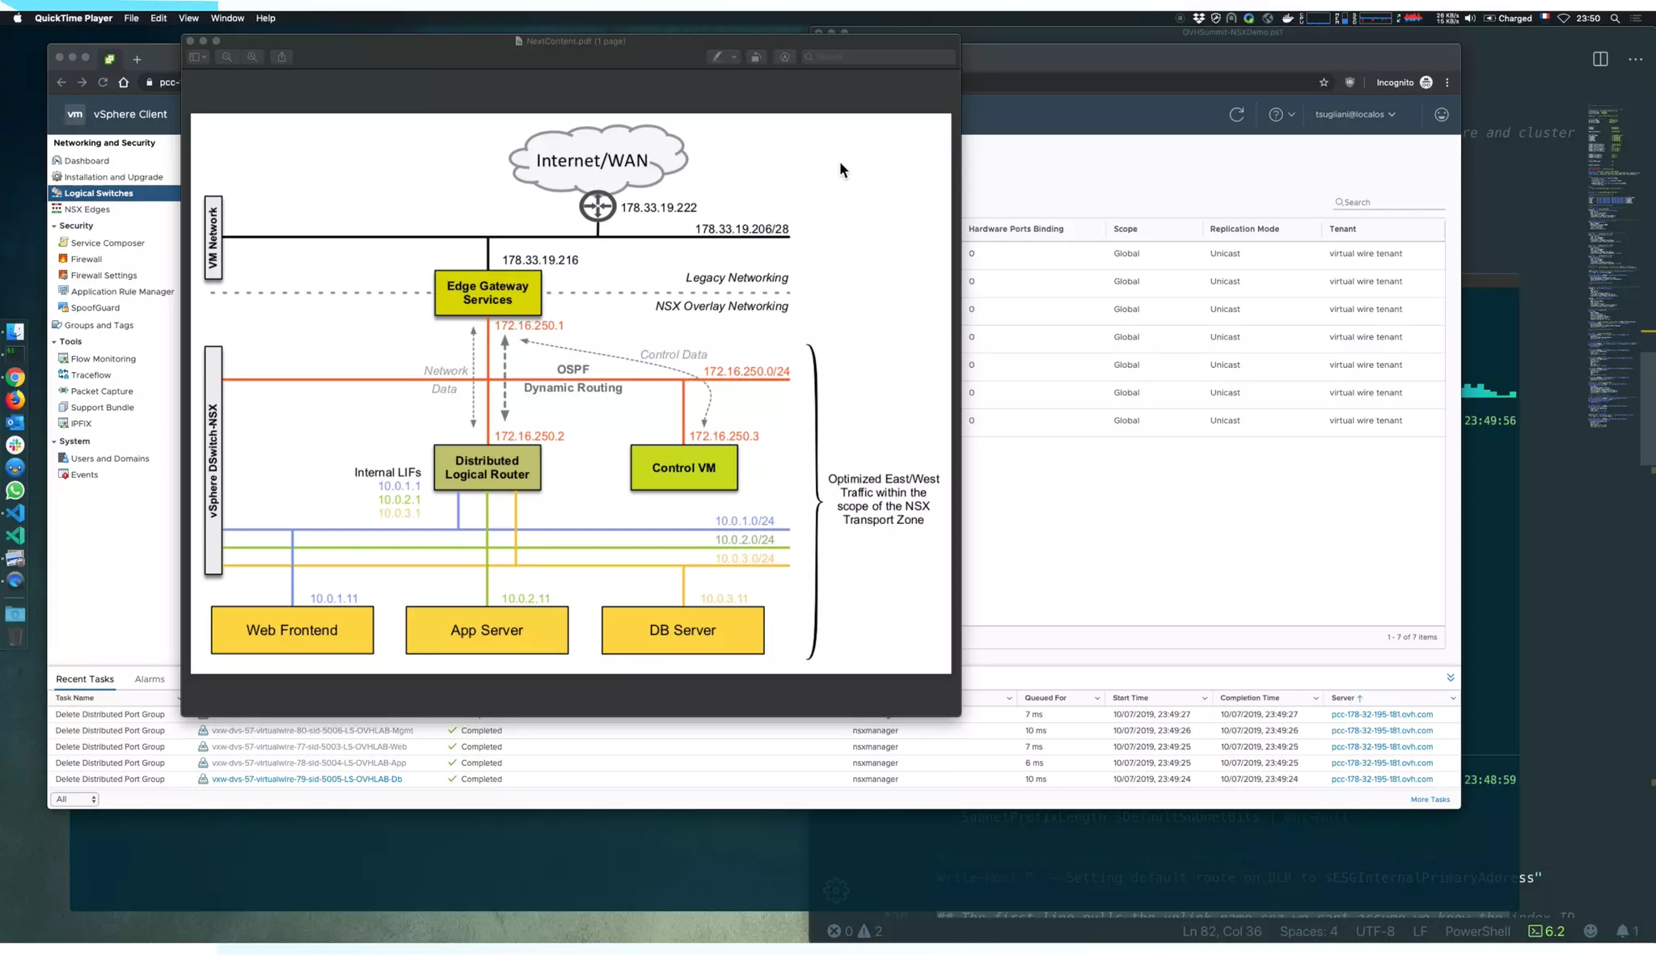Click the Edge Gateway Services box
488,293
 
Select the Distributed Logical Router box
487,467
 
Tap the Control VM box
683,467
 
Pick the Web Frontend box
292,630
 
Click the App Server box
487,630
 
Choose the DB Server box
682,630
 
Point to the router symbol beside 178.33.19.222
598,206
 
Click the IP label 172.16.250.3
723,436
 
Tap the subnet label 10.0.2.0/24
744,539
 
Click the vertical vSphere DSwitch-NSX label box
213,460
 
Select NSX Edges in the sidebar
87,209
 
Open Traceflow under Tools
91,375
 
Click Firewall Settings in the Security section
103,276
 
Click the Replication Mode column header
1244,229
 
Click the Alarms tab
150,679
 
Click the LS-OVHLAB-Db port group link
306,780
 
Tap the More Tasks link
1430,800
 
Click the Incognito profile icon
1426,82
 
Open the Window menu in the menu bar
227,18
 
